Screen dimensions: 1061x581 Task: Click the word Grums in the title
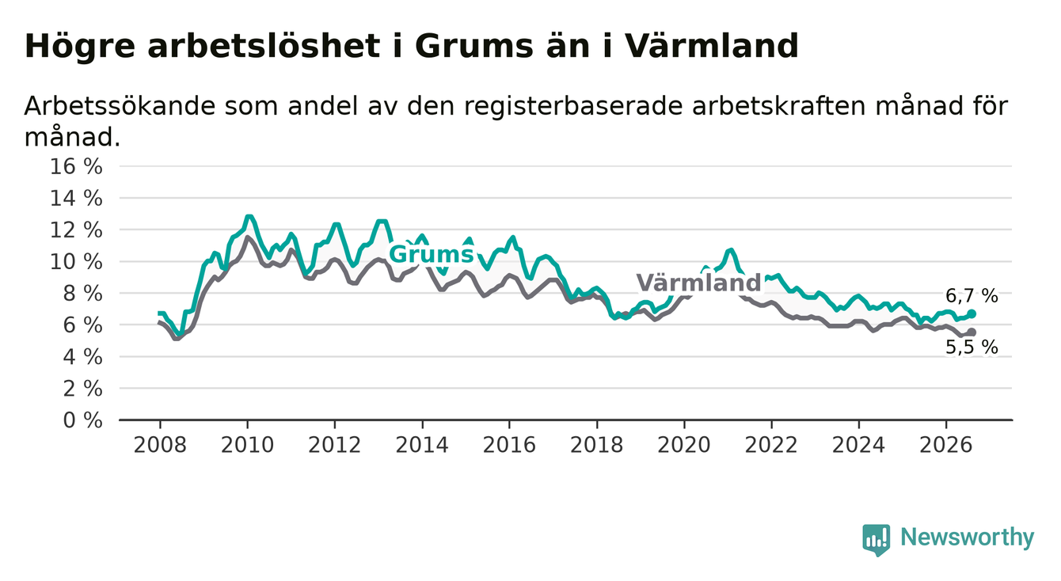pos(474,47)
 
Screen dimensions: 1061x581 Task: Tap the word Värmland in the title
pos(712,46)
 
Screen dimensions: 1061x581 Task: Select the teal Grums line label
pos(431,254)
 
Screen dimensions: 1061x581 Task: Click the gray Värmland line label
pos(698,283)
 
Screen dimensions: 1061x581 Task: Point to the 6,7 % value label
pos(972,296)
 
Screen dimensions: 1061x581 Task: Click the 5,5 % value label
pos(972,347)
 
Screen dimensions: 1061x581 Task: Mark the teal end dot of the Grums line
pos(972,313)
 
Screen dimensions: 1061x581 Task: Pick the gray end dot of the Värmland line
pos(972,332)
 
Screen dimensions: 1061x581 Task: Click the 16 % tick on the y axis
pos(76,167)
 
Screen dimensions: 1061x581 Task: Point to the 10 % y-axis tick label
pos(76,262)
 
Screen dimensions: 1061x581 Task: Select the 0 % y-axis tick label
pos(83,420)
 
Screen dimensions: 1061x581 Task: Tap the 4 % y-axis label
pos(83,357)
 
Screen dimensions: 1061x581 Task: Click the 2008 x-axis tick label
pos(160,445)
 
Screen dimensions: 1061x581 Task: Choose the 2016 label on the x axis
pos(509,445)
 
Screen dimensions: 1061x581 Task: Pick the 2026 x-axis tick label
pos(946,445)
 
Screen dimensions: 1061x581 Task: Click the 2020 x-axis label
pos(684,445)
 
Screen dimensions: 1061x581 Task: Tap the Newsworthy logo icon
pos(877,540)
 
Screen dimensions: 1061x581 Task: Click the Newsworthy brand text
pos(968,537)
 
